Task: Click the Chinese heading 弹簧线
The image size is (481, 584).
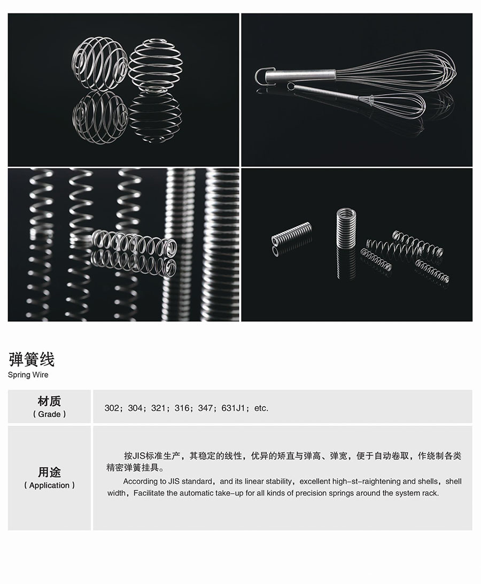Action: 32,359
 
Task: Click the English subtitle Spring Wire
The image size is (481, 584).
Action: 28,375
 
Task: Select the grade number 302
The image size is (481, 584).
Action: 112,408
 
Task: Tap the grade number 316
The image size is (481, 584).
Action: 182,408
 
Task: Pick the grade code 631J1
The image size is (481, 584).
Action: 233,408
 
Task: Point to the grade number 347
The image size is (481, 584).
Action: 205,408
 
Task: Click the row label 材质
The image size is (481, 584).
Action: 49,401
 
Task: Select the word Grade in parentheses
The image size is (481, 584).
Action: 49,414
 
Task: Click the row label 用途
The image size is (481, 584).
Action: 49,472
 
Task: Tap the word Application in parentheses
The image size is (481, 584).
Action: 49,485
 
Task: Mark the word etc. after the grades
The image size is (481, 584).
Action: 261,408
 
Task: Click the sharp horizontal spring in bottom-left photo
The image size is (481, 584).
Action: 135,242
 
